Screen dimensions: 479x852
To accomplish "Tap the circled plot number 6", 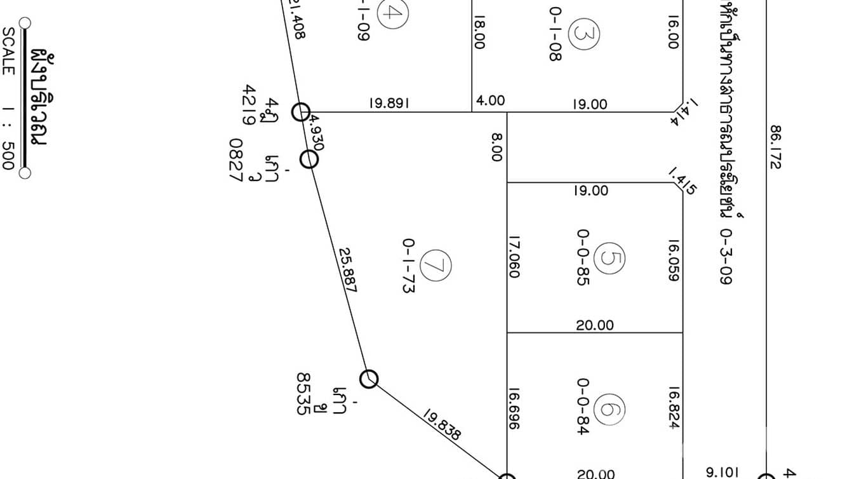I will pos(612,410).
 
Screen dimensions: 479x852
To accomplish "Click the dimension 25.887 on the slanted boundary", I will pos(347,270).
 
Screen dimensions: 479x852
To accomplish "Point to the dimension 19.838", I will pos(442,424).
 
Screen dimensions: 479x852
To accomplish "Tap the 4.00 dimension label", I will pos(490,100).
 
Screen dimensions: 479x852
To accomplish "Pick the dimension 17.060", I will pos(514,256).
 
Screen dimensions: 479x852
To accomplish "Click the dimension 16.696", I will pos(514,409).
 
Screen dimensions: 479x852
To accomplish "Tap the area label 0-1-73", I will pos(408,265).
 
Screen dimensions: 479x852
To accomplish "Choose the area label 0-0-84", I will pos(583,407).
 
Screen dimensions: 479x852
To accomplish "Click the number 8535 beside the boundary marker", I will pos(304,393).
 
